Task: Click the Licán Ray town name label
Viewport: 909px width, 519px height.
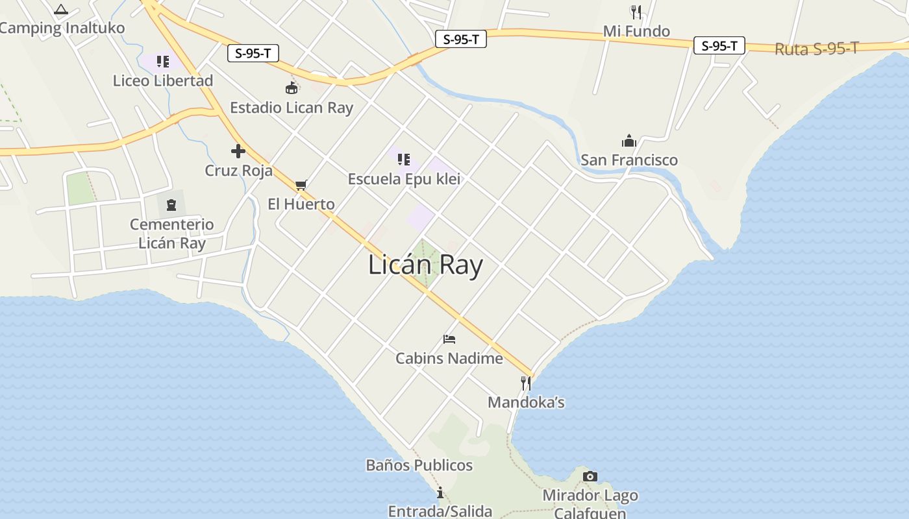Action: (x=425, y=265)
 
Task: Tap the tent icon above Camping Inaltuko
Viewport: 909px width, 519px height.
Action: (x=61, y=9)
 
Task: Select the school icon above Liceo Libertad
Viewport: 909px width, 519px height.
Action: (x=163, y=62)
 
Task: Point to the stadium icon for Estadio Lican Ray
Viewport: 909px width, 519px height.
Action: (x=292, y=88)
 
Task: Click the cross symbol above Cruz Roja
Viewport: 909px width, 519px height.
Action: (x=238, y=151)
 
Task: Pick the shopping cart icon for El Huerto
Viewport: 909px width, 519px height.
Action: (x=301, y=185)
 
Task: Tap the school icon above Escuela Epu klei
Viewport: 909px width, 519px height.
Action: (x=404, y=159)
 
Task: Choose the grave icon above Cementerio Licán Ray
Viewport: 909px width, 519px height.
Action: (x=171, y=205)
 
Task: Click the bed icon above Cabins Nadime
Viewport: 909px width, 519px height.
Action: (x=449, y=339)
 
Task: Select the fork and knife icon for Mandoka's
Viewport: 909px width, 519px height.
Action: (x=526, y=383)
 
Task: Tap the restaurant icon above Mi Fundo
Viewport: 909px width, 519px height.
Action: (x=636, y=12)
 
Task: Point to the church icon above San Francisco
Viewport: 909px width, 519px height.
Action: (x=629, y=141)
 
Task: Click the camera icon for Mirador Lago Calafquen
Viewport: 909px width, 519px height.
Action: (x=590, y=476)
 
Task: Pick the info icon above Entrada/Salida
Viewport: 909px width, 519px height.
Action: (x=440, y=492)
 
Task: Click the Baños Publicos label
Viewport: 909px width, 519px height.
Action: (x=419, y=465)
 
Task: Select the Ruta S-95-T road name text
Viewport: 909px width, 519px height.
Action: (x=816, y=49)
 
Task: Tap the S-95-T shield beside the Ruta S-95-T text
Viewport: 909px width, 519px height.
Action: (x=719, y=46)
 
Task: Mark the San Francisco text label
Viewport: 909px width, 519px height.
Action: (x=629, y=160)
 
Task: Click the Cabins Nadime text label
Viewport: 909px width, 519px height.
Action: (x=449, y=358)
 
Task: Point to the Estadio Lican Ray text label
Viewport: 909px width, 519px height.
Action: (x=292, y=108)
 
